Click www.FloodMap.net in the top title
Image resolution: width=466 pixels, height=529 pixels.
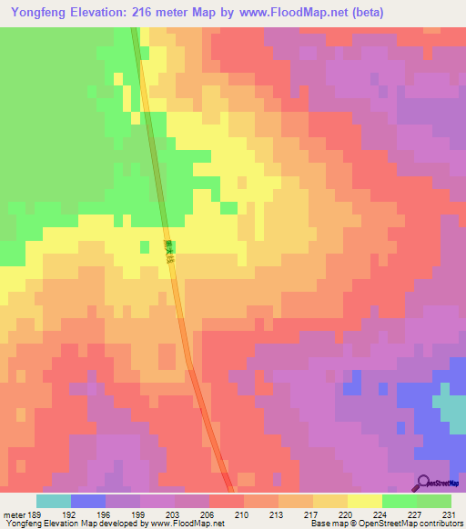click(283, 13)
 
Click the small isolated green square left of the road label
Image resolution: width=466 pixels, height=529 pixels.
click(144, 246)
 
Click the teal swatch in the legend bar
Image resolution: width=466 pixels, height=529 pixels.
click(53, 501)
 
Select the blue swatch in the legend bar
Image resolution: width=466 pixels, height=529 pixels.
click(87, 501)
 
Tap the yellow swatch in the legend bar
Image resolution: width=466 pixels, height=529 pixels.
click(364, 501)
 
